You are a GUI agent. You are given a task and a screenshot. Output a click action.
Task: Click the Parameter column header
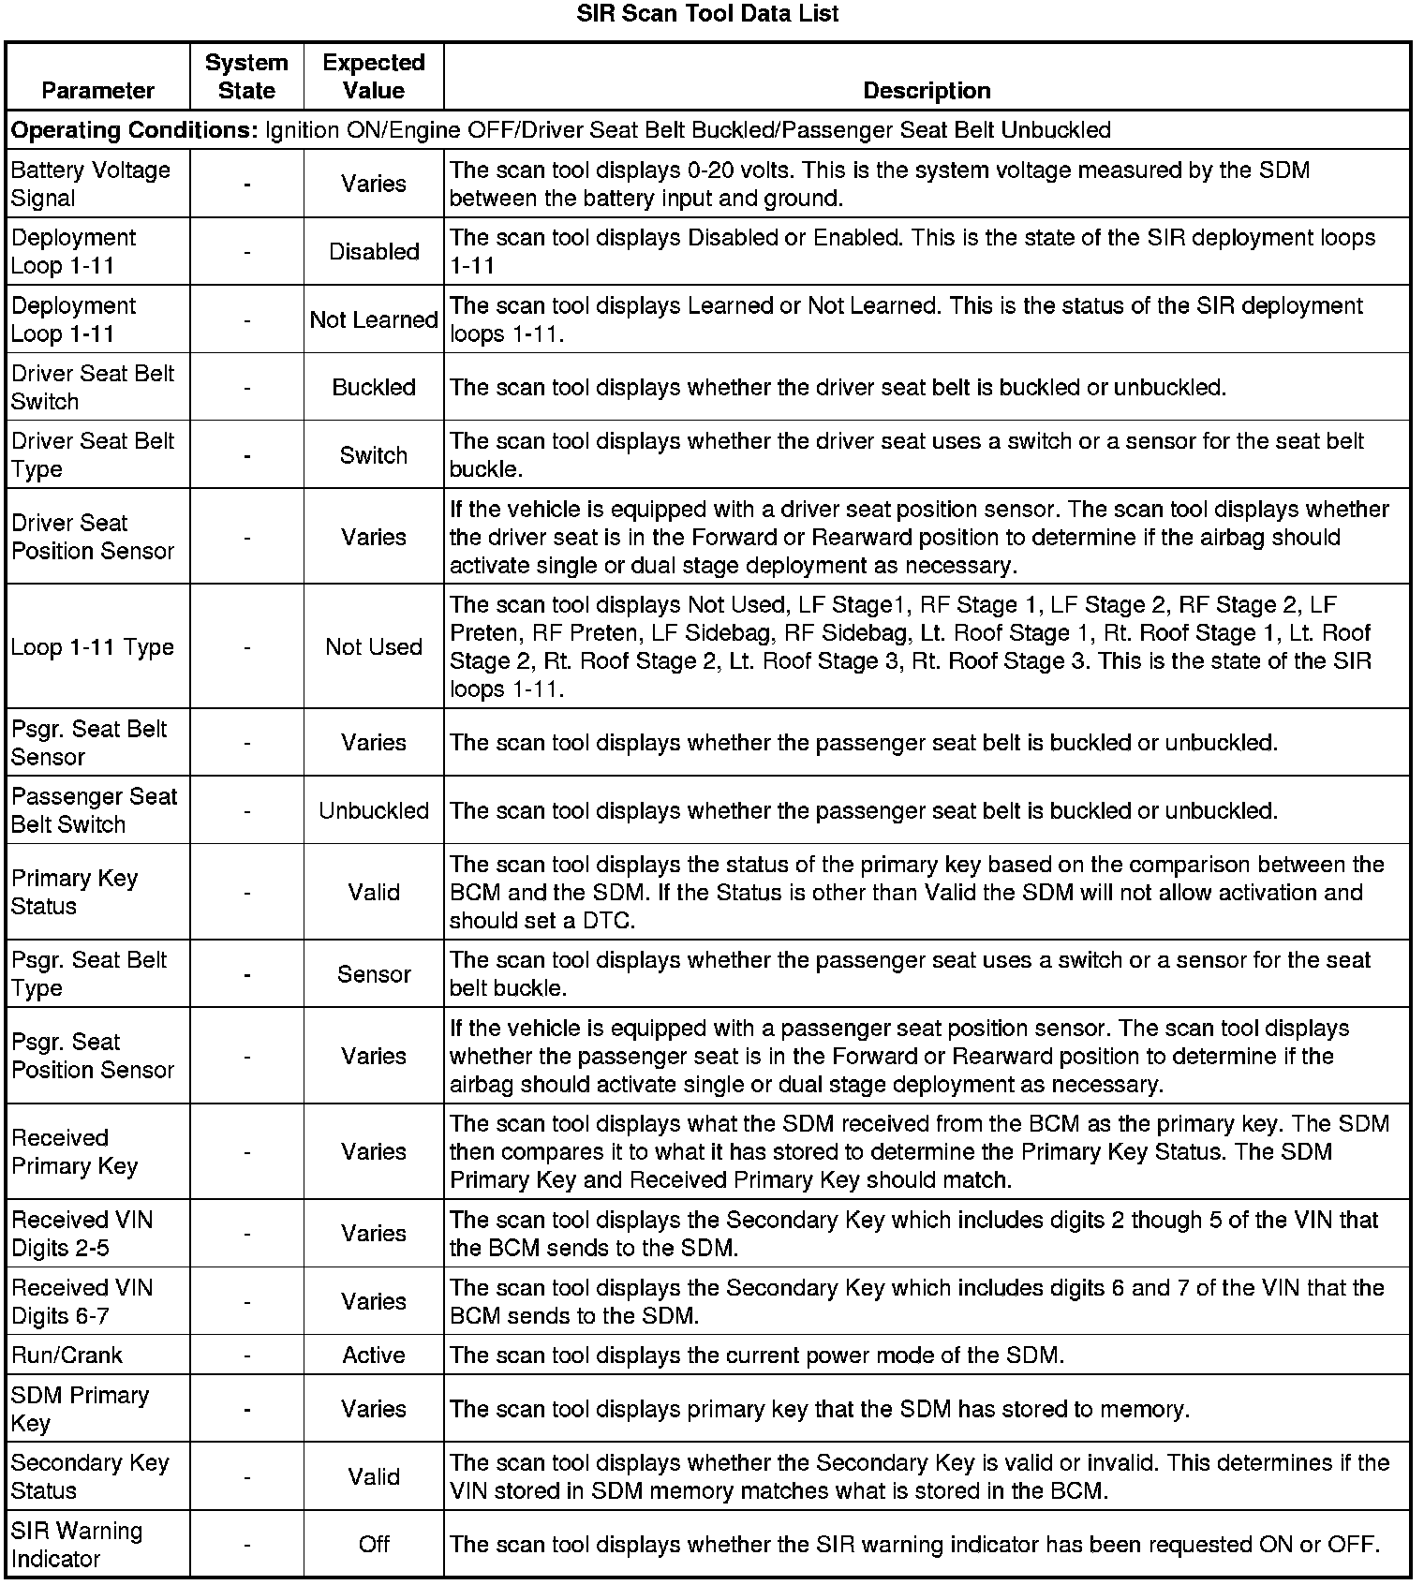pos(97,91)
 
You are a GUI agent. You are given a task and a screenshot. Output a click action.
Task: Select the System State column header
pos(246,77)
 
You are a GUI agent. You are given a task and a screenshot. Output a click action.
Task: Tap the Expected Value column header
pos(374,77)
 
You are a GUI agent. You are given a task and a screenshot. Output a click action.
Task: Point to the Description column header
pos(927,91)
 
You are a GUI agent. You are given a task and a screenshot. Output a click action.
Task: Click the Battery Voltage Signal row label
pos(91,184)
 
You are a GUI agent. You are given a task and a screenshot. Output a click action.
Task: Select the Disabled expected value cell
pos(374,252)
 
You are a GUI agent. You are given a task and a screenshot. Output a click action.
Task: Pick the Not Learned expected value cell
pos(374,319)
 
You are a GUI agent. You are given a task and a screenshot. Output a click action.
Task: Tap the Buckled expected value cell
pos(374,388)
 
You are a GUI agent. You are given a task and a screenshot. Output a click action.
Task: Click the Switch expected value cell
pos(374,455)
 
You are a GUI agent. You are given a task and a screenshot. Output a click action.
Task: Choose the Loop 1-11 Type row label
pos(93,647)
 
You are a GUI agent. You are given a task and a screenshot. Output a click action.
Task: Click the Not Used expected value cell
pos(374,647)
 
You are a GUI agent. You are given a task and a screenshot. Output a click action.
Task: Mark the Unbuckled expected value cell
pos(374,810)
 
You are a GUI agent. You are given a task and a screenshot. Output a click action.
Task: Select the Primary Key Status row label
pos(75,892)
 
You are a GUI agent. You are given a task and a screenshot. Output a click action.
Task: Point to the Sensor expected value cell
pos(374,974)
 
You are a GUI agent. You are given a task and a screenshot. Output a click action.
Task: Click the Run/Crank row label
pos(67,1355)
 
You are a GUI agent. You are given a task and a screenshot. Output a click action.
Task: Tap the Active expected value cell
pos(374,1355)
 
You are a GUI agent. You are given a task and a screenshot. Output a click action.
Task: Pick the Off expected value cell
pos(374,1545)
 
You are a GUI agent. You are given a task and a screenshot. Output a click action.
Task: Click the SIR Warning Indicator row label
pos(77,1545)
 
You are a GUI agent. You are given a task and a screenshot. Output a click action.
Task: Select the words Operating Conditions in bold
pos(134,130)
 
